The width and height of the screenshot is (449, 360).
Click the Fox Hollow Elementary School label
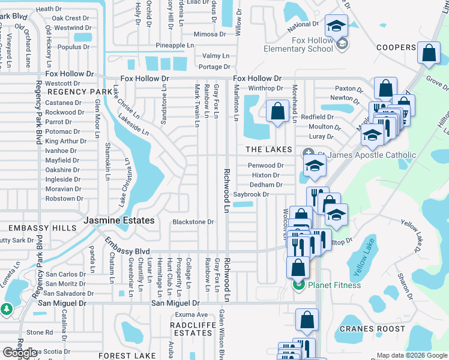tap(312, 45)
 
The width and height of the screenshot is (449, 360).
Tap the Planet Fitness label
tap(334, 285)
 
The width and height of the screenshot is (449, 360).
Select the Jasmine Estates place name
tap(119, 221)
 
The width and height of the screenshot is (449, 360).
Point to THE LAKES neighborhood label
tap(268, 149)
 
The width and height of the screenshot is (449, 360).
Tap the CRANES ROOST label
tap(372, 329)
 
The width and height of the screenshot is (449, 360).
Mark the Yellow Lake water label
tap(364, 256)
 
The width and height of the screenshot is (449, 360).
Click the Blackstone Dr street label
tap(193, 222)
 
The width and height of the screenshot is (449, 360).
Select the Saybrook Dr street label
tap(251, 194)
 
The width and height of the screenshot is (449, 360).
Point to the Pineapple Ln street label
tap(175, 46)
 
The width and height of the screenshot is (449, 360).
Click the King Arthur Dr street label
tap(65, 141)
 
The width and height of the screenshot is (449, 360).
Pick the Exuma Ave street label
tap(192, 314)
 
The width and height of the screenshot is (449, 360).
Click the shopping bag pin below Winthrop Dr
tap(277, 111)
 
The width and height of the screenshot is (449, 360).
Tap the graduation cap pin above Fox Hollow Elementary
tap(336, 26)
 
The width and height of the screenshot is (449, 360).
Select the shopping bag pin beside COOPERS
tap(429, 53)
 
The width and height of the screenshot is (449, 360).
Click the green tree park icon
tap(7, 309)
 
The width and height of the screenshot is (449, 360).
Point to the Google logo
tap(20, 353)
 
